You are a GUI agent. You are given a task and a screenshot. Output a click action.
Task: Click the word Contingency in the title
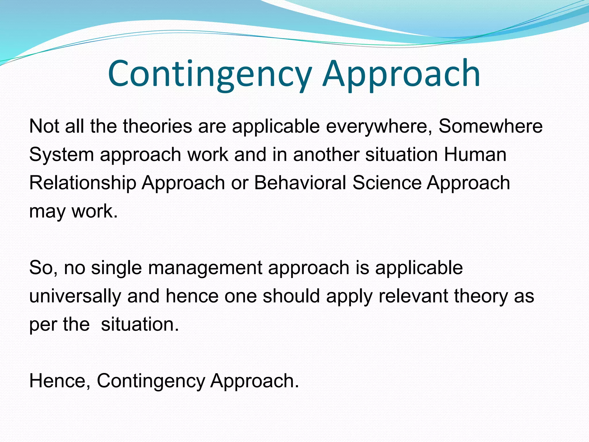pos(210,74)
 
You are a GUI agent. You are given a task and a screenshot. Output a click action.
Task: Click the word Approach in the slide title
pos(401,74)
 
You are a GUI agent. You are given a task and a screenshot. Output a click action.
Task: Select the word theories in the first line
pos(157,126)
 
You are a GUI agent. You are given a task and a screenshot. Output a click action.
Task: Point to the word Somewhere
pos(490,126)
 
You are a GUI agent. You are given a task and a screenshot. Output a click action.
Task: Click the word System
pos(62,155)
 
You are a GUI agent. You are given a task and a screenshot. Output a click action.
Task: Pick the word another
pos(326,155)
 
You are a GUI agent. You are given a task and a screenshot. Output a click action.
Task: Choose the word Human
pos(475,155)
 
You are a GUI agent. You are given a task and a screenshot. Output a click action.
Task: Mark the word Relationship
pos(83,183)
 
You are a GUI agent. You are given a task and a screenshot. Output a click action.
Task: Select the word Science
pos(387,183)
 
